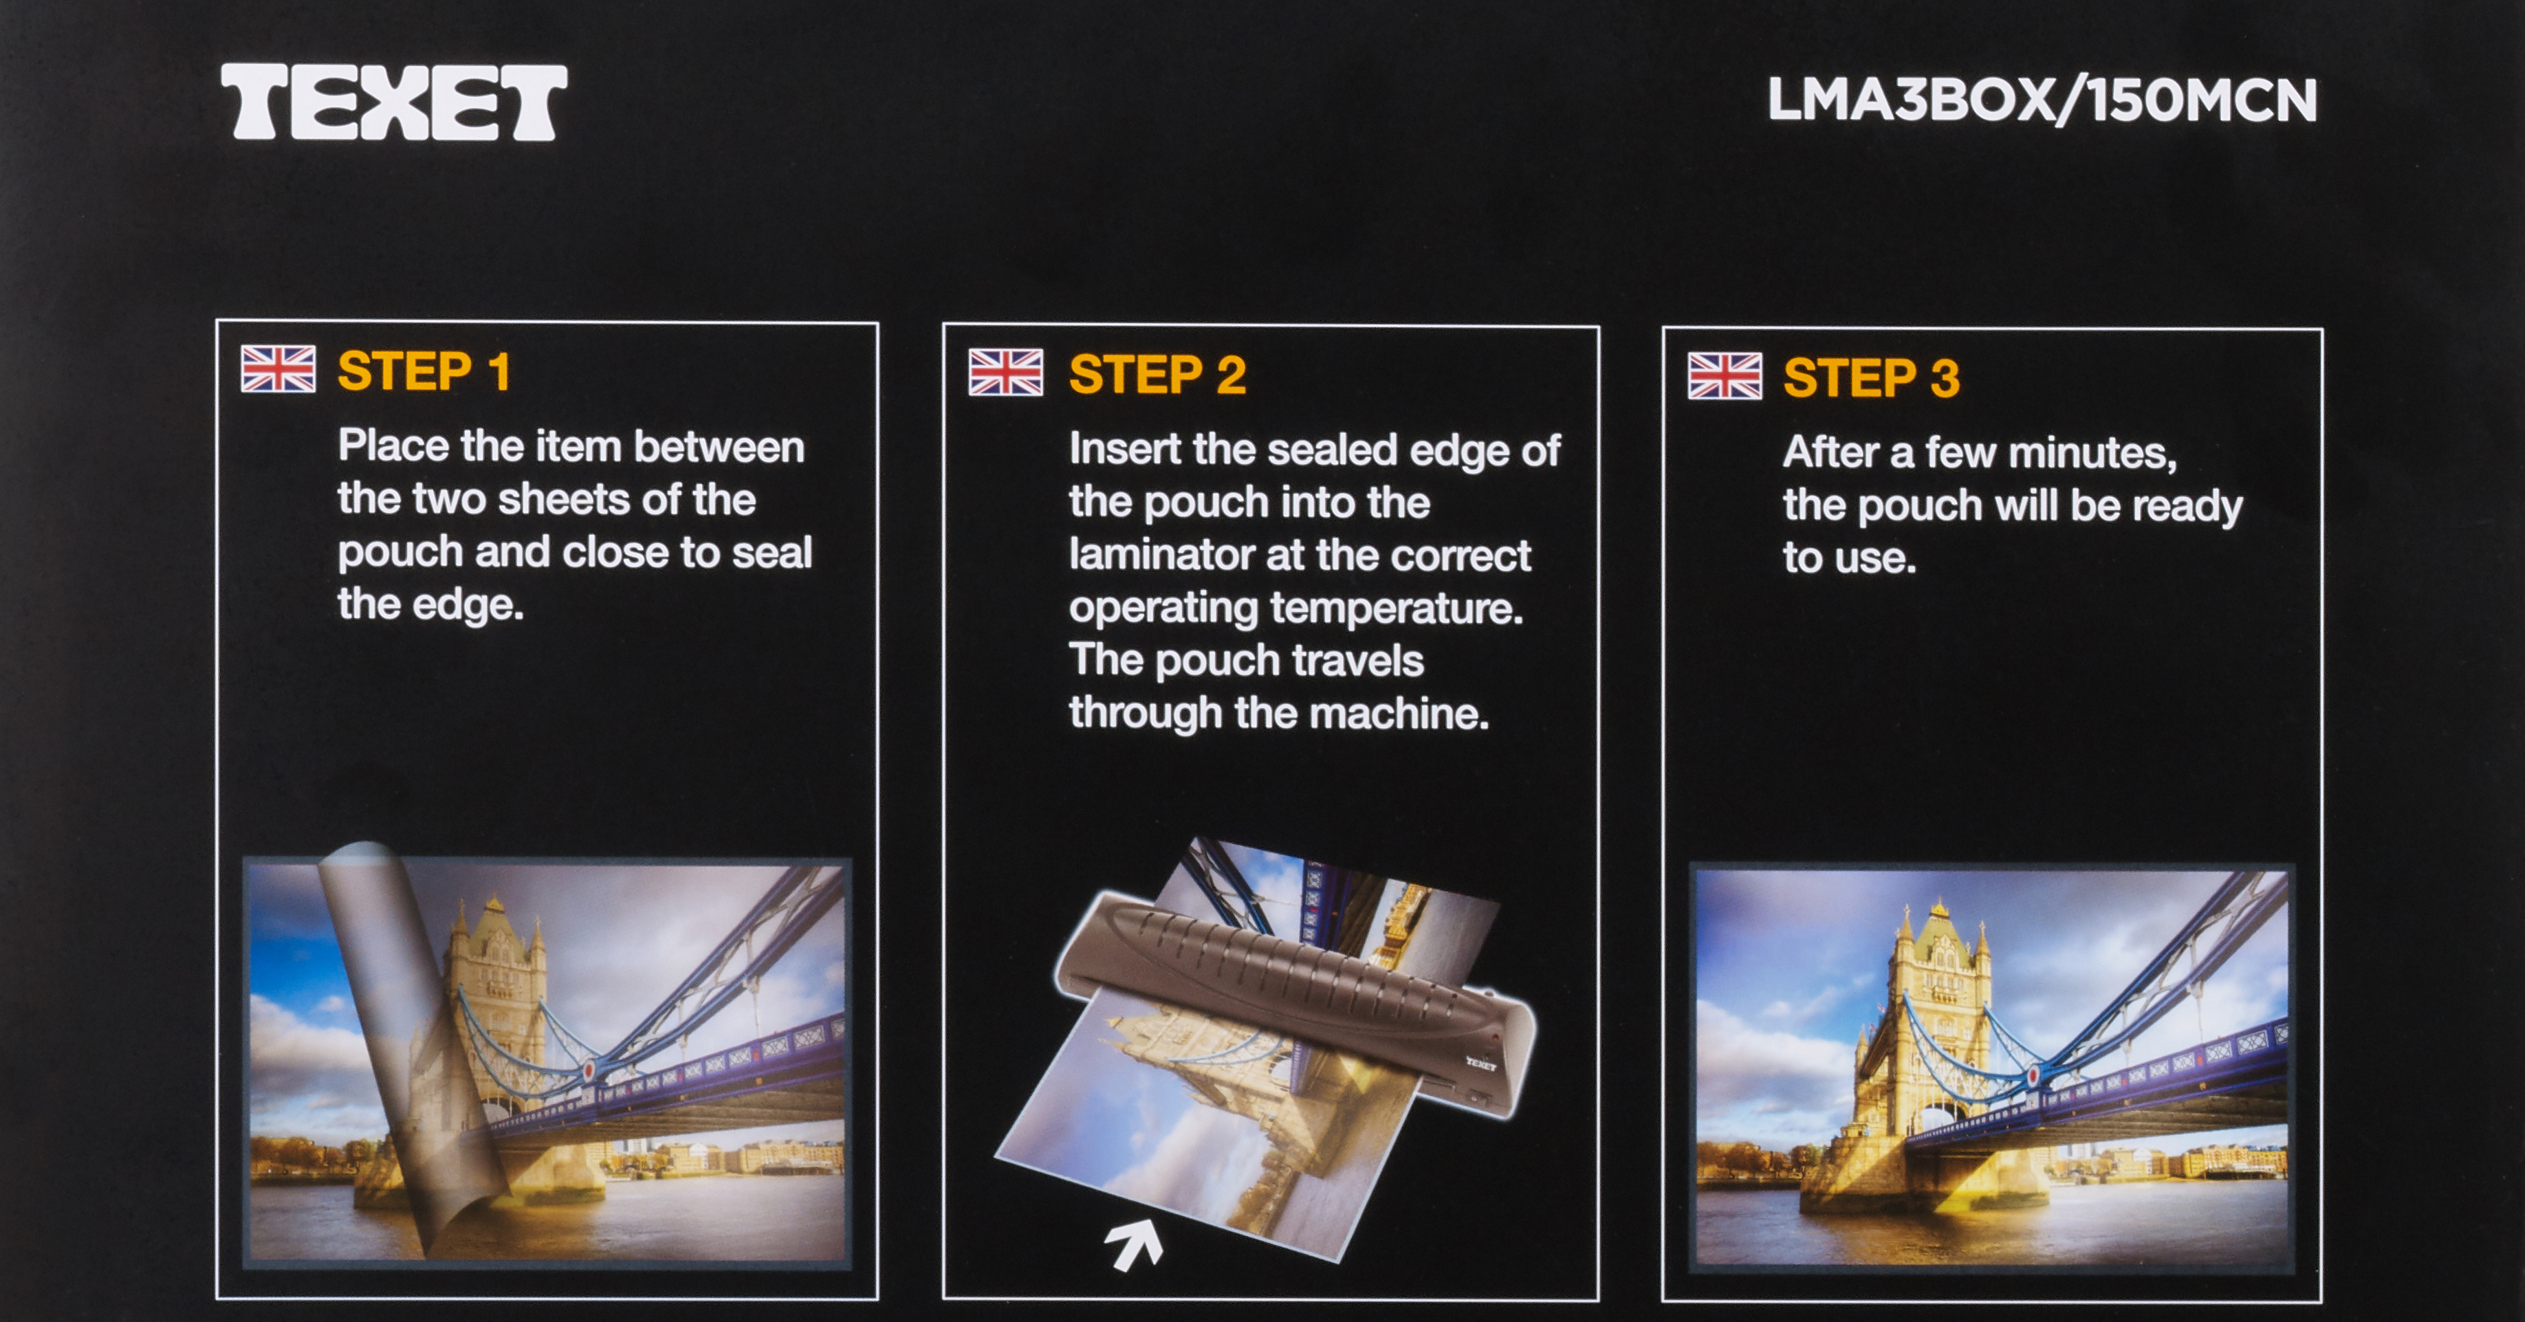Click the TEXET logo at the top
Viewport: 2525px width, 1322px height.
(393, 102)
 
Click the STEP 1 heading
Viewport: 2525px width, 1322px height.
(424, 371)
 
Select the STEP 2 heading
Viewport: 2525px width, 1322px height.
(1157, 375)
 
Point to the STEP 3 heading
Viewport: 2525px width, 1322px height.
(1871, 378)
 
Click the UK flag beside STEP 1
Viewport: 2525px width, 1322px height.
(278, 369)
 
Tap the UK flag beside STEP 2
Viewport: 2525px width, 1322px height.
(1006, 373)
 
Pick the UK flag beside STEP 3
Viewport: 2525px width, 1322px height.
(1725, 376)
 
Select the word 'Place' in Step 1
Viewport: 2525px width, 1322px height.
(393, 446)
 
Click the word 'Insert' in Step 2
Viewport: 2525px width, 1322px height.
(1124, 449)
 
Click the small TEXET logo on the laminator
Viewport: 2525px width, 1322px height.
(1481, 1062)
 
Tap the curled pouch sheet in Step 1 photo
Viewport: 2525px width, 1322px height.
(412, 1039)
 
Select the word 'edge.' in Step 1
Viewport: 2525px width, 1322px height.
(468, 605)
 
